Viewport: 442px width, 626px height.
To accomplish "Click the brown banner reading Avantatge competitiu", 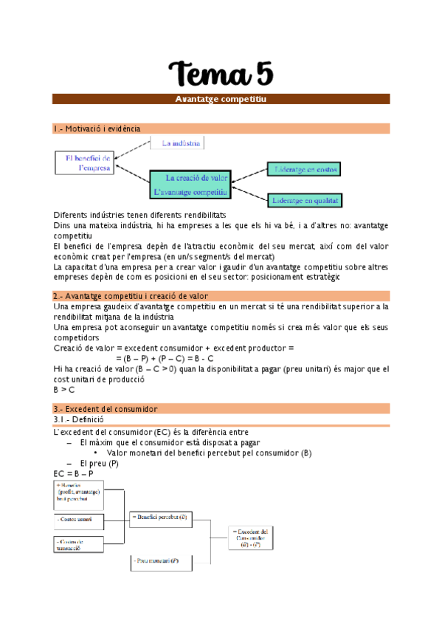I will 221,99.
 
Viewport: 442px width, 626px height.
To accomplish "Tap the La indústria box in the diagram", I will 178,142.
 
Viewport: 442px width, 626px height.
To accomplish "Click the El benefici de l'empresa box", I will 84,162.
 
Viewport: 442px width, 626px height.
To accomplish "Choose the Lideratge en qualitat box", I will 305,199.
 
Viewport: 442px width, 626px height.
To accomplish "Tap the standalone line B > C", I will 64,389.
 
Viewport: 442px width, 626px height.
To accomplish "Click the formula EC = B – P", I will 74,472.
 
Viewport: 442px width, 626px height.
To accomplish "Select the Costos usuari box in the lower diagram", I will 78,519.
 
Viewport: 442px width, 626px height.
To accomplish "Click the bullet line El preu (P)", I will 100,463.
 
